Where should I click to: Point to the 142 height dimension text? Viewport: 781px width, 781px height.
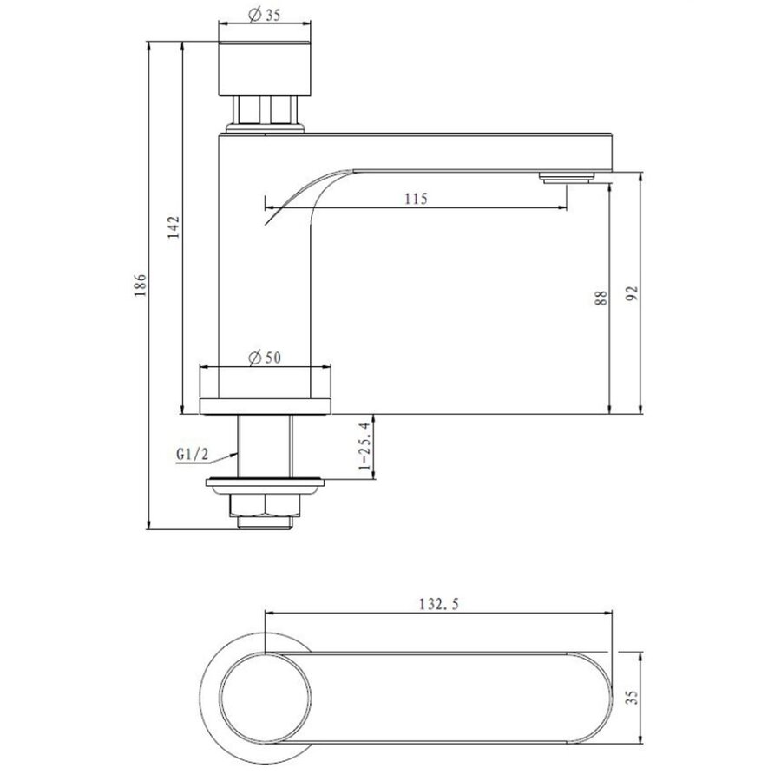coord(174,227)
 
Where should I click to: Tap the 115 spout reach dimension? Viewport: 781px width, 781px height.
coord(416,199)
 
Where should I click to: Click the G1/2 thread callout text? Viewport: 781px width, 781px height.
coord(192,453)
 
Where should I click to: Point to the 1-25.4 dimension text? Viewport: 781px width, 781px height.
coord(365,447)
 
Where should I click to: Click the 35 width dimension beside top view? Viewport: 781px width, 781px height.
coord(633,697)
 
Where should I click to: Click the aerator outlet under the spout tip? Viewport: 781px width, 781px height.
coord(566,178)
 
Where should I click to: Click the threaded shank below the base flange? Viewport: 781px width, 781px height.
coord(265,446)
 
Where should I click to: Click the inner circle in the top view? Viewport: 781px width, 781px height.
coord(264,698)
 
